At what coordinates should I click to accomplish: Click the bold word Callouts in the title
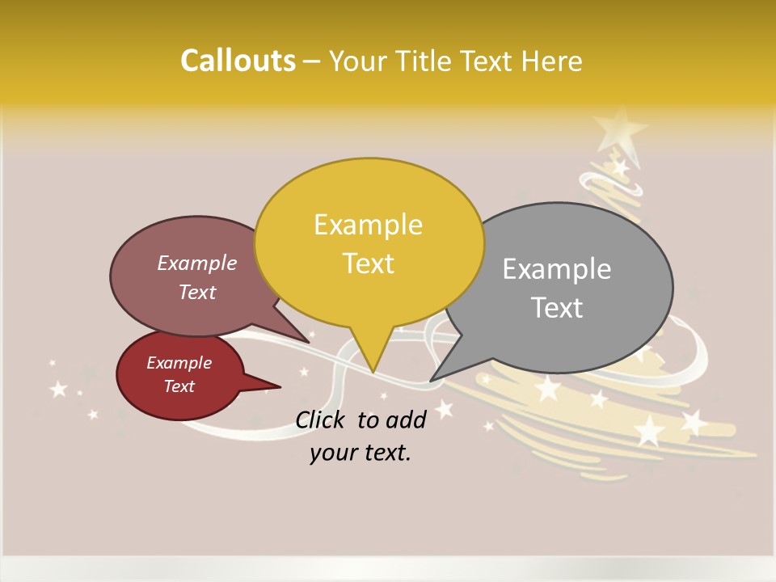point(238,61)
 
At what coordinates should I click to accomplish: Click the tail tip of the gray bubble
point(431,381)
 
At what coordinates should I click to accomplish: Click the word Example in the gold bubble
point(368,225)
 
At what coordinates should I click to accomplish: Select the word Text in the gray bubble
point(558,308)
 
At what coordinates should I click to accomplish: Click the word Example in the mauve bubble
point(197,264)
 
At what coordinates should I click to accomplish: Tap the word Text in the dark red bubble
point(179,386)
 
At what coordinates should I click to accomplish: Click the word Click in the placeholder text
point(321,419)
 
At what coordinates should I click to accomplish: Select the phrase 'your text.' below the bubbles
point(361,453)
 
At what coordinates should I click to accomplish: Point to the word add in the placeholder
point(406,419)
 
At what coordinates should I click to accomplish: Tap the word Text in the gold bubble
point(369,264)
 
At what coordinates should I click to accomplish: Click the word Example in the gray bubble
point(557,269)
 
